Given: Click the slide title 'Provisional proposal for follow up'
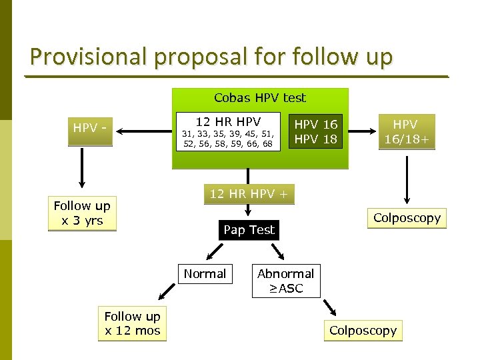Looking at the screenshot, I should pyautogui.click(x=211, y=56).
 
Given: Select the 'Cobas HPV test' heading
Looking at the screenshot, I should pyautogui.click(x=260, y=98).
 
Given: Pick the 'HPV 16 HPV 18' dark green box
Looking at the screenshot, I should pyautogui.click(x=316, y=132).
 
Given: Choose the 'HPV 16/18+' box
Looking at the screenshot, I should pyautogui.click(x=405, y=132).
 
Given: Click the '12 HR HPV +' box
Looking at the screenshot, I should pyautogui.click(x=248, y=194).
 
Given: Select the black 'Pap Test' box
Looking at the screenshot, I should pyautogui.click(x=249, y=230).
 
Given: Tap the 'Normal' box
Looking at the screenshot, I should pyautogui.click(x=205, y=274).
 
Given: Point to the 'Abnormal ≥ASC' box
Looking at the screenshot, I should pyautogui.click(x=285, y=281).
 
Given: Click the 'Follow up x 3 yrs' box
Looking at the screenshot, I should pyautogui.click(x=82, y=213).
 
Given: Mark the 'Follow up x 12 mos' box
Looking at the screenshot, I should pyautogui.click(x=133, y=323).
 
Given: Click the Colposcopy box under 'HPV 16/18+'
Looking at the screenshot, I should pyautogui.click(x=407, y=218).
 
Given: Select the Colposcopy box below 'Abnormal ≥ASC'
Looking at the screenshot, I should pyautogui.click(x=363, y=331).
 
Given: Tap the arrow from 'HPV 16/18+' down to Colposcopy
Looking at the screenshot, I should pyautogui.click(x=405, y=177).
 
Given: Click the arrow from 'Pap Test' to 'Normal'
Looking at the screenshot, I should pyautogui.click(x=215, y=251).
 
